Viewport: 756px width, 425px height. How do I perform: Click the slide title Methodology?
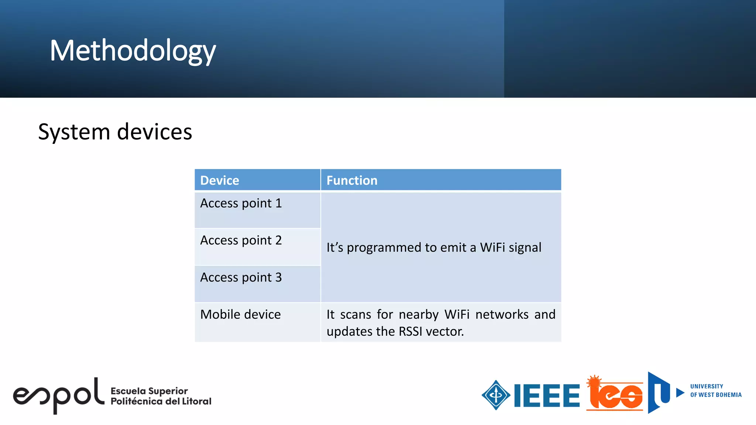click(x=133, y=51)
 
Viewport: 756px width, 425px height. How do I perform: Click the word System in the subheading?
click(x=74, y=132)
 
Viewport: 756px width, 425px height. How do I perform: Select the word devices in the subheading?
click(x=155, y=132)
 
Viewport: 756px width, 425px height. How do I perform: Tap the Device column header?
click(x=220, y=180)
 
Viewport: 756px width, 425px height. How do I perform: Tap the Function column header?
click(x=352, y=180)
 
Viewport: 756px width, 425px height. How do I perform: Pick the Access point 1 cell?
click(x=241, y=203)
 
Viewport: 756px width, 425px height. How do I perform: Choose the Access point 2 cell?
click(x=241, y=241)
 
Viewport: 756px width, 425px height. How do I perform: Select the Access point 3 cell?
click(x=241, y=277)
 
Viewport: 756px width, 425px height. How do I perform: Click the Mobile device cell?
click(x=240, y=314)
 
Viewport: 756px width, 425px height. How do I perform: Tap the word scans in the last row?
click(x=355, y=315)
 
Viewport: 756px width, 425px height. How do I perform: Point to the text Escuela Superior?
click(x=149, y=391)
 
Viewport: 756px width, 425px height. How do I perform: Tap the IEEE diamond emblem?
click(x=496, y=395)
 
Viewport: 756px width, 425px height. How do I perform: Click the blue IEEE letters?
click(x=547, y=395)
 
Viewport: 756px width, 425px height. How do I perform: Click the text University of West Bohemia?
click(x=715, y=391)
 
